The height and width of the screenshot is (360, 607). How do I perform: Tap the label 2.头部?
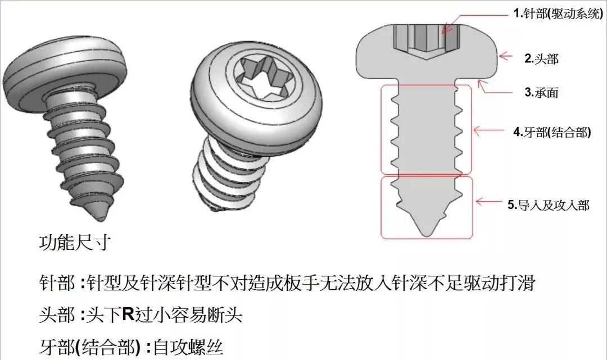pyautogui.click(x=541, y=58)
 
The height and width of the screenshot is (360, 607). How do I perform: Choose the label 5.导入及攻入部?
pyautogui.click(x=549, y=205)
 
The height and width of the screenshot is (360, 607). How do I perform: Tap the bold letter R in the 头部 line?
pyautogui.click(x=128, y=315)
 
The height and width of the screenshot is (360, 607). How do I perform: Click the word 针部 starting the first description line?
pyautogui.click(x=57, y=282)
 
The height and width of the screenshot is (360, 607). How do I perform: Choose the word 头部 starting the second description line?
pyautogui.click(x=57, y=315)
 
